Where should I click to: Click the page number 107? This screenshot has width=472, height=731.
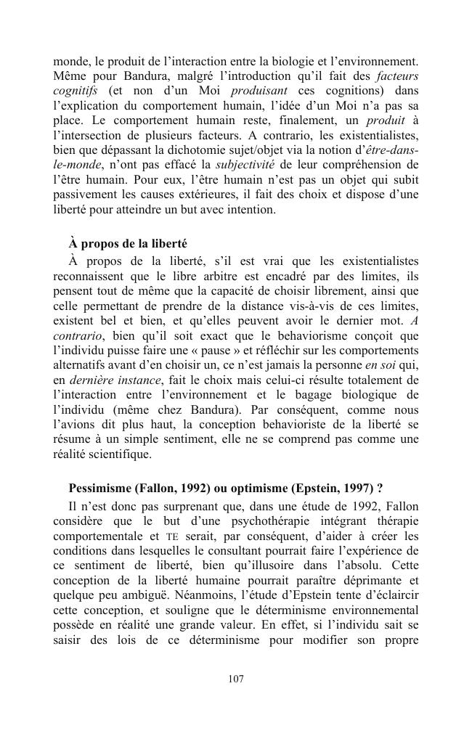click(235, 679)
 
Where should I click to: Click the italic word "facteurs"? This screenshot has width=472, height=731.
click(397, 75)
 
